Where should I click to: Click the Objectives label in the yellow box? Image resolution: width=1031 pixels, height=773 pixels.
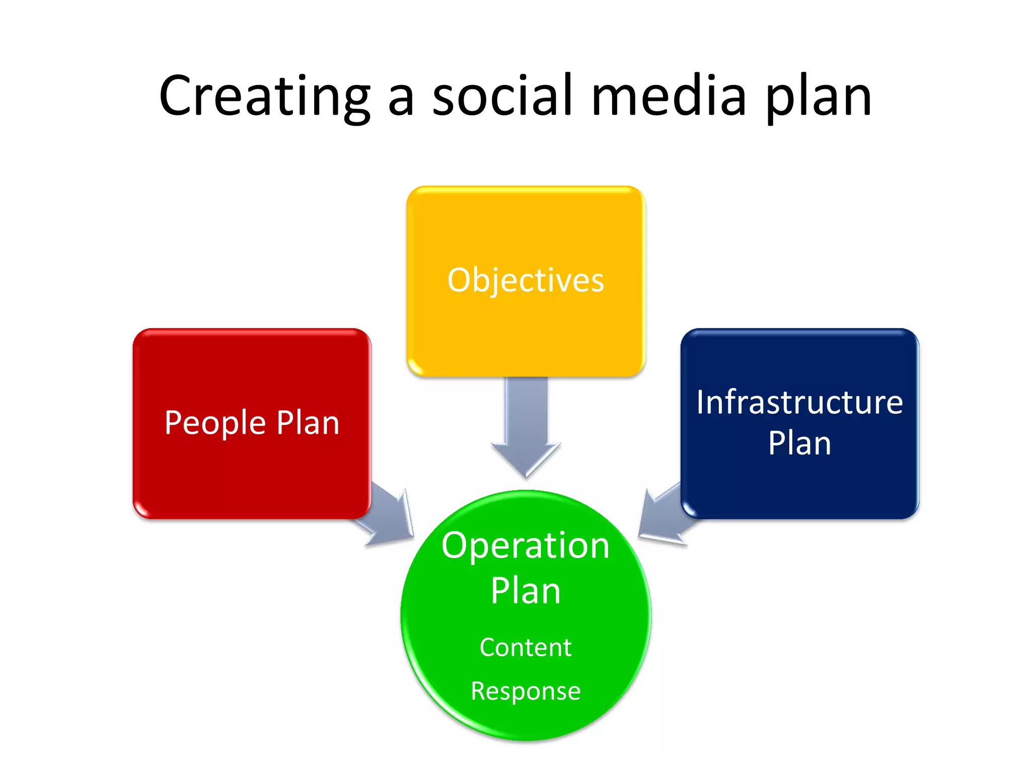pyautogui.click(x=526, y=280)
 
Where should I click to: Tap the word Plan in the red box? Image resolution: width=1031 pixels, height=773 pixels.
pyautogui.click(x=308, y=423)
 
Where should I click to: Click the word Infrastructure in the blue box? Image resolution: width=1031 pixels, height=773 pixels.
pyautogui.click(x=799, y=402)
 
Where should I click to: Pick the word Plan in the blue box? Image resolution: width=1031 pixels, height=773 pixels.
pyautogui.click(x=799, y=443)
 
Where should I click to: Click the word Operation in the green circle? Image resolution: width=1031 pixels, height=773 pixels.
pyautogui.click(x=526, y=546)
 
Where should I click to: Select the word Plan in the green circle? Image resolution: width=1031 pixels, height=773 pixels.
pyautogui.click(x=526, y=591)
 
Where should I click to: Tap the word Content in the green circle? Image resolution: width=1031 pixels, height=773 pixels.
pyautogui.click(x=526, y=647)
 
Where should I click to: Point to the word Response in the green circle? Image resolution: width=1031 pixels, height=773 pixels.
pyautogui.click(x=526, y=691)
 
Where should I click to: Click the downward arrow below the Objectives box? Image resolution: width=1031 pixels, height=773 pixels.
pyautogui.click(x=526, y=428)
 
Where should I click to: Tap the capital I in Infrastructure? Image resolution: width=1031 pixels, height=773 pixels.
pyautogui.click(x=701, y=402)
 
